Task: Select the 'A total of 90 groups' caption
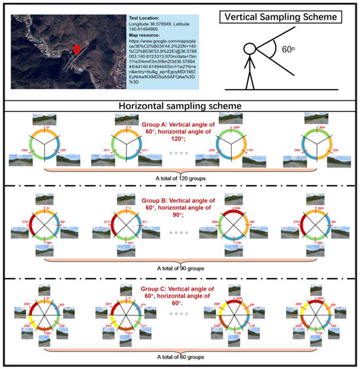180,267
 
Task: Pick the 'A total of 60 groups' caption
180,357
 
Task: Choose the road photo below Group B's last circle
308,257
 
